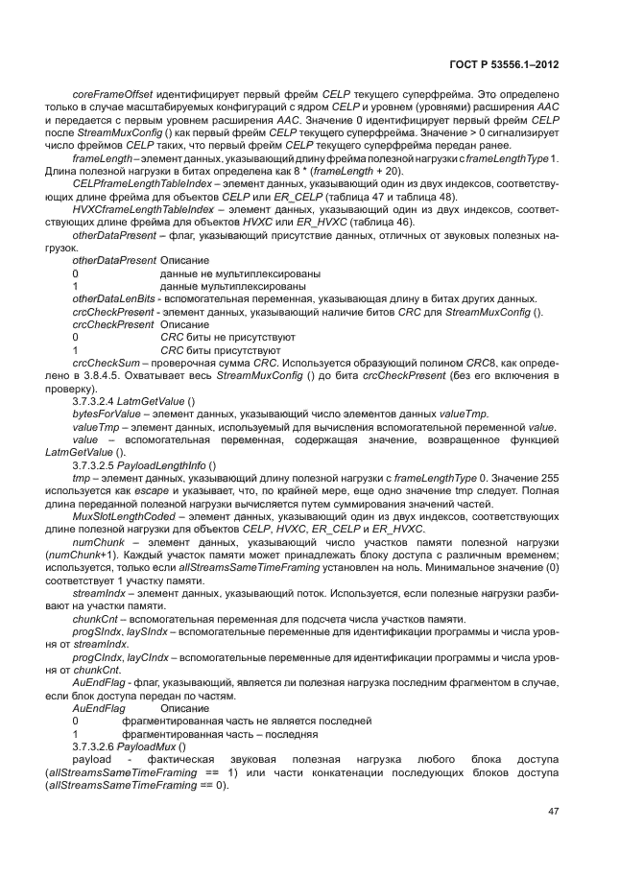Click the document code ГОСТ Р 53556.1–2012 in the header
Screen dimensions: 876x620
click(505, 65)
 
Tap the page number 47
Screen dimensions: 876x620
click(553, 811)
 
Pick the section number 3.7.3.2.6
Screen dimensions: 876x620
click(99, 746)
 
